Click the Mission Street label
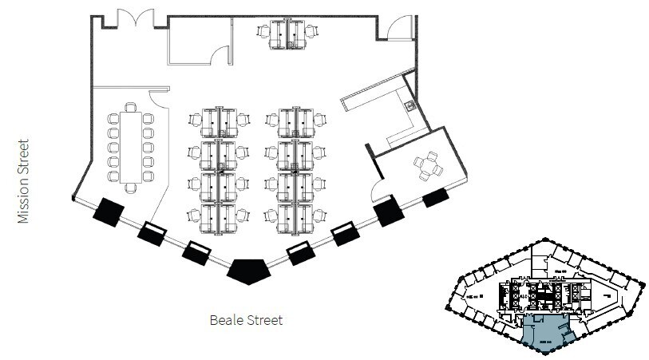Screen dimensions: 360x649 [x=24, y=181]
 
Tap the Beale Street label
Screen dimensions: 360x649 [x=246, y=321]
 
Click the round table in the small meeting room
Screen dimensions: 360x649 [x=428, y=165]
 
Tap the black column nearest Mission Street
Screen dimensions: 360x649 [x=108, y=211]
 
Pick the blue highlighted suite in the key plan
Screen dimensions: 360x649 [x=545, y=330]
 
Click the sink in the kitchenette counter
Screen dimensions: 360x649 [x=410, y=105]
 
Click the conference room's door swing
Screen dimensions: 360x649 [x=158, y=96]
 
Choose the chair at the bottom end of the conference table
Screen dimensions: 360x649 [x=131, y=188]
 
